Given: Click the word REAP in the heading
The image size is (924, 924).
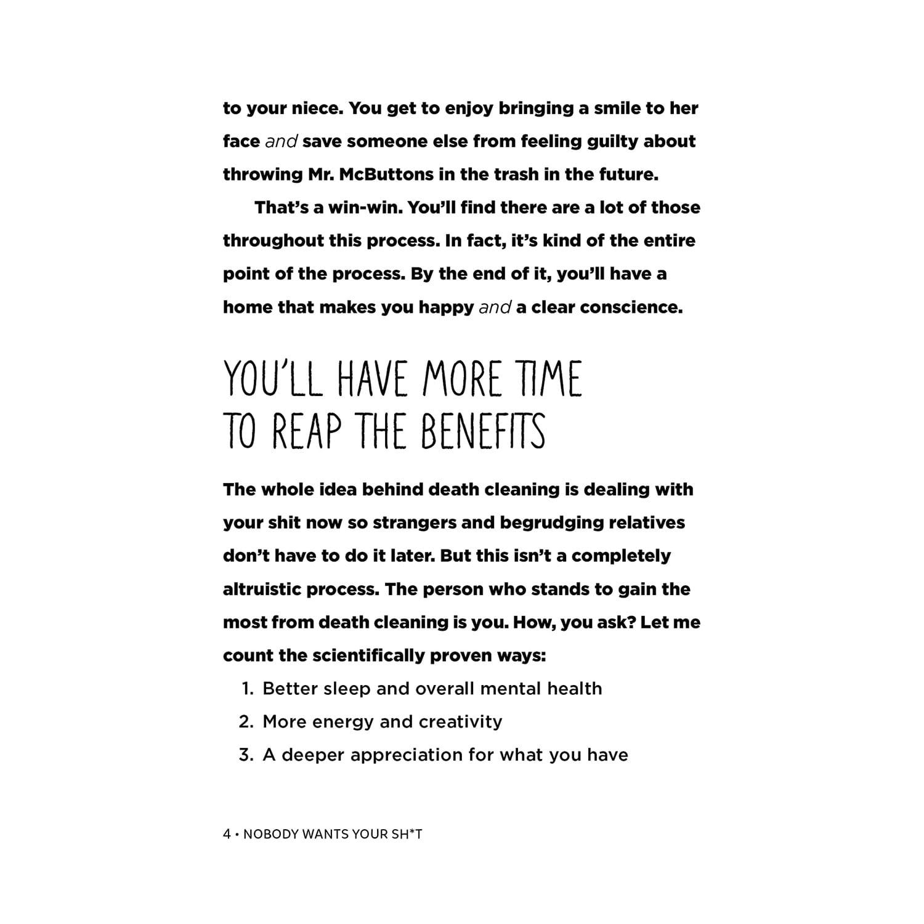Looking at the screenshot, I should (x=306, y=431).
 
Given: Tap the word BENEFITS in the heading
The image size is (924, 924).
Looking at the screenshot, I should (x=484, y=431).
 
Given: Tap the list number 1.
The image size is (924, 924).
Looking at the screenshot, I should (x=246, y=689).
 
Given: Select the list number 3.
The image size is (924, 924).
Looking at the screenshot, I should (x=246, y=755).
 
